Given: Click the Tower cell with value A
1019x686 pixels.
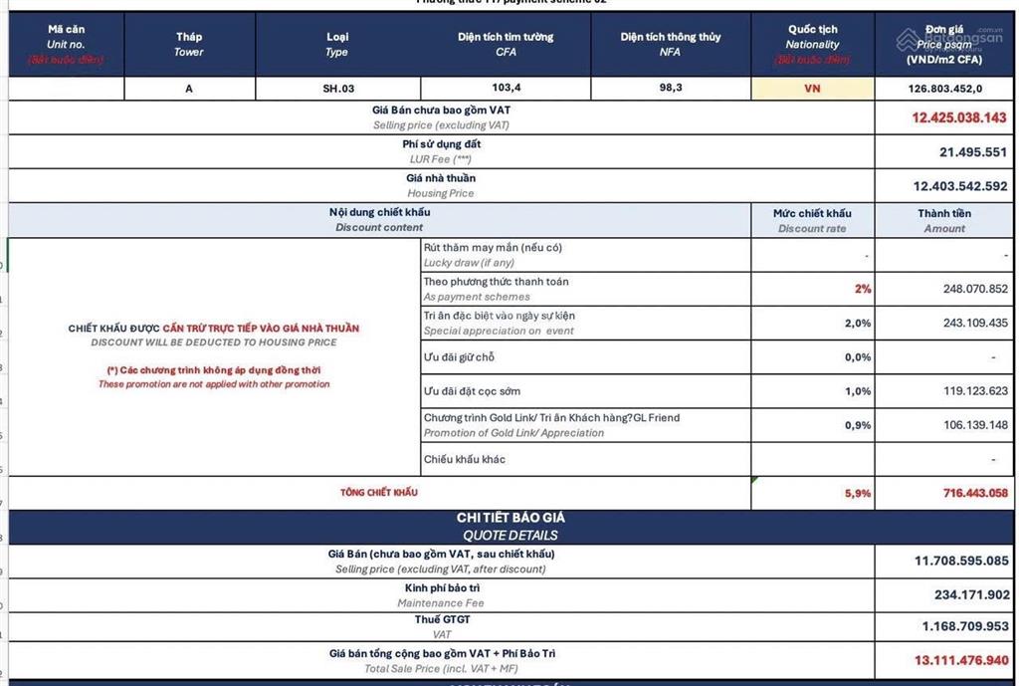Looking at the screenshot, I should [x=189, y=89].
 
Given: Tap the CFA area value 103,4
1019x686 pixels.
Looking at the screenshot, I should [x=506, y=88].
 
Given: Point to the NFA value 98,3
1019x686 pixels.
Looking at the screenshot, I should [x=670, y=88].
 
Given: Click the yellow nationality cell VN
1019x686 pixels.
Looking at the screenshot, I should [x=812, y=89].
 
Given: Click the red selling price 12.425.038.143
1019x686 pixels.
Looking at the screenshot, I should [x=959, y=117].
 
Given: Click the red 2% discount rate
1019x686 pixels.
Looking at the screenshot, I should [x=862, y=289].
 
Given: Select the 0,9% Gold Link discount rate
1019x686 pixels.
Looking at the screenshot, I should [x=858, y=425].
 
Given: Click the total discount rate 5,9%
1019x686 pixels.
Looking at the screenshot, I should [x=858, y=493].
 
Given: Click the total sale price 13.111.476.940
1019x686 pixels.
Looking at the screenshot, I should [x=961, y=660].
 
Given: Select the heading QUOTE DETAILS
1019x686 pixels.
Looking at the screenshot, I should [x=510, y=535].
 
